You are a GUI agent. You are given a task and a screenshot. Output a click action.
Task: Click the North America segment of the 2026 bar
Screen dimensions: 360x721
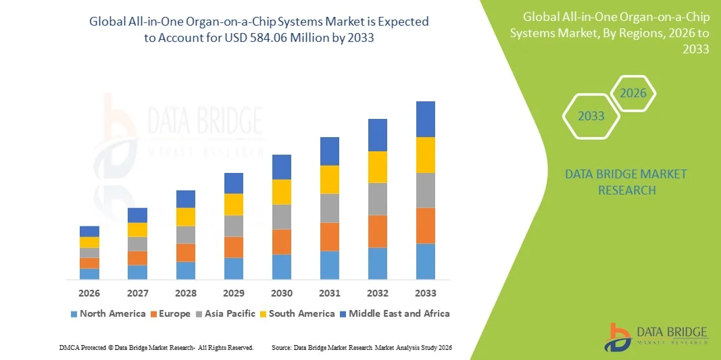coord(89,274)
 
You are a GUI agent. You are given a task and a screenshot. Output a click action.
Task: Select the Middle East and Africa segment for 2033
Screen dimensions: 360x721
coord(426,119)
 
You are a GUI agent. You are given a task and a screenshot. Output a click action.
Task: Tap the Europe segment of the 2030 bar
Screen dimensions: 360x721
coord(282,242)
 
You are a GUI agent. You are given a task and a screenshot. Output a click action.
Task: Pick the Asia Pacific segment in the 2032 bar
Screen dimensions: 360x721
coord(378,199)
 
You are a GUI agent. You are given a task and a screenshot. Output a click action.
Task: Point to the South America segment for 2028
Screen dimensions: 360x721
coord(186,217)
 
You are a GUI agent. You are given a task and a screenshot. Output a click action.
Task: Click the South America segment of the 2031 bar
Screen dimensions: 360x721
coord(330,180)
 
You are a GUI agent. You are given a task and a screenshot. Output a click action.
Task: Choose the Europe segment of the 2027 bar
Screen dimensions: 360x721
coord(137,258)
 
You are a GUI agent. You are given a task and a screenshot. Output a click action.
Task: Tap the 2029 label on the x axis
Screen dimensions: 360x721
coord(234,293)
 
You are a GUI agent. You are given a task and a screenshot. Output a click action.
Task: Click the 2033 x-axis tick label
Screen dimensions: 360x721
coord(426,293)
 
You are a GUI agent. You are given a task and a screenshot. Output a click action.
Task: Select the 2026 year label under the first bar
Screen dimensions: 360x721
coord(89,293)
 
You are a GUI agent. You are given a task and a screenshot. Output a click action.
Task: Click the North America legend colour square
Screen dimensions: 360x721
coord(74,314)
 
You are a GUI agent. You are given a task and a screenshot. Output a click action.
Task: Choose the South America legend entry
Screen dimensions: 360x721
coord(301,313)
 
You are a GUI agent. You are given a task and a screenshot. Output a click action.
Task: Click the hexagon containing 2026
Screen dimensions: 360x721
coord(633,94)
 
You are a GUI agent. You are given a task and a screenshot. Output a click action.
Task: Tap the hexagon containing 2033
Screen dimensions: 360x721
coord(591,116)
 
